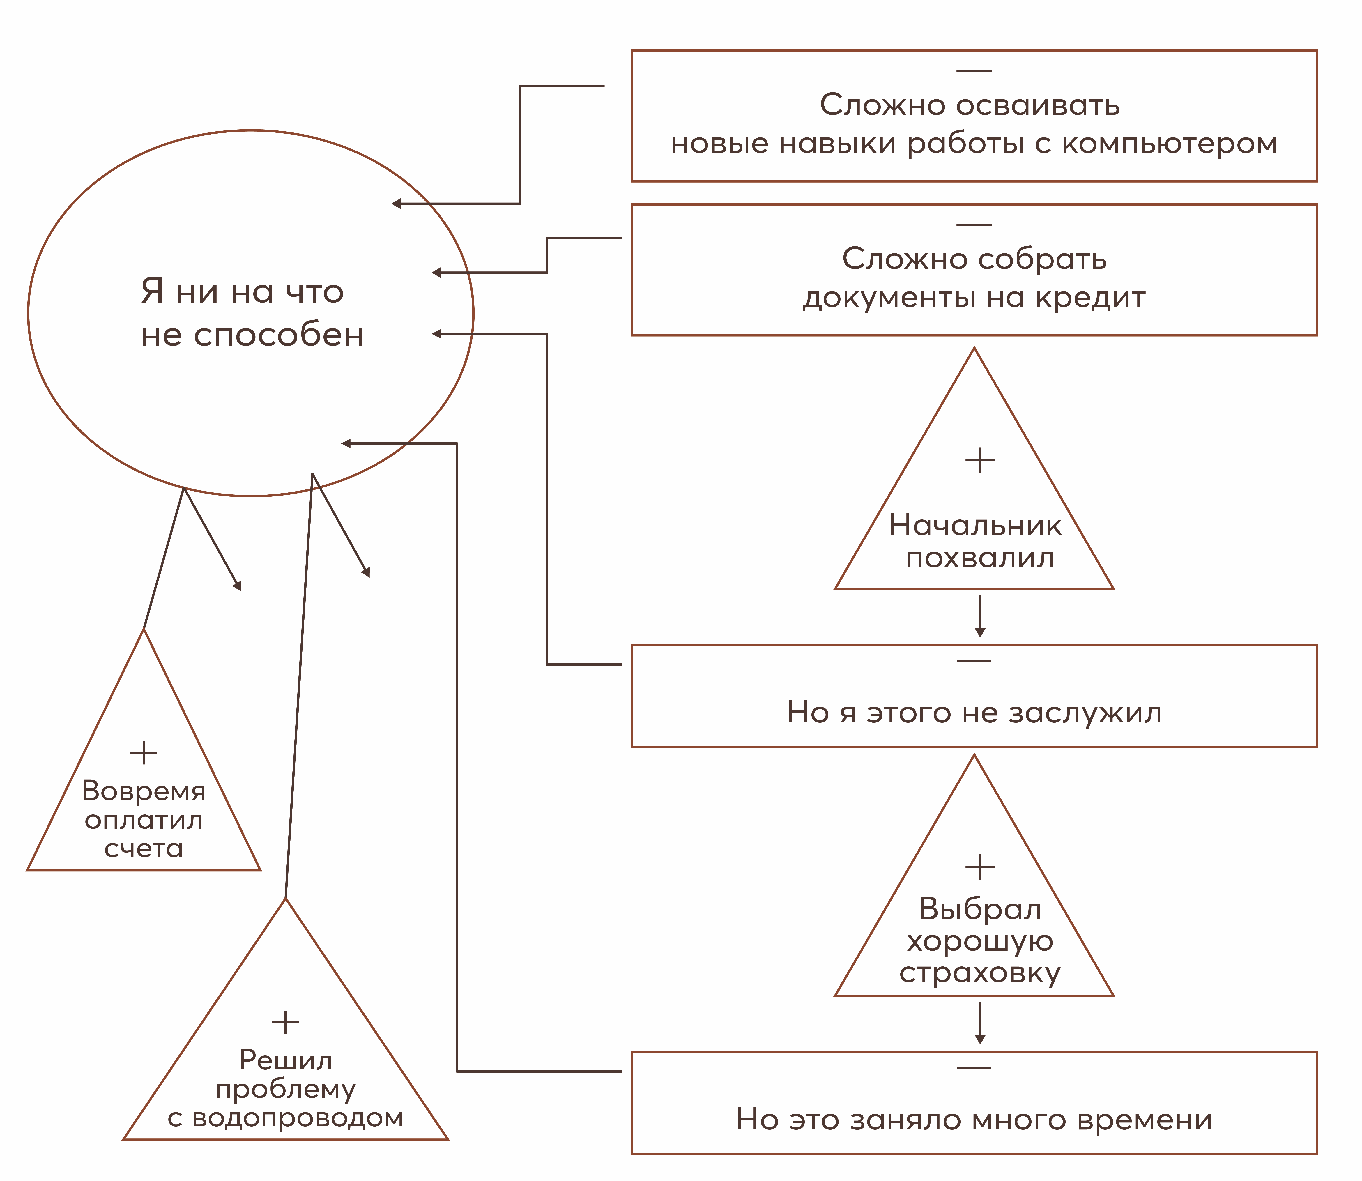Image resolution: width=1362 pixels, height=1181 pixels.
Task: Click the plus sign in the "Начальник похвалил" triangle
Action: point(980,460)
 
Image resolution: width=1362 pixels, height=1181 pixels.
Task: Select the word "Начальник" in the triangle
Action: point(975,525)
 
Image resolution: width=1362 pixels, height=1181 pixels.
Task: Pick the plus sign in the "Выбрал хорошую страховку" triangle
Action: point(980,867)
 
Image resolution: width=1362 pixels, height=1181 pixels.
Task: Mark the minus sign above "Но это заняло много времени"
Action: point(974,1068)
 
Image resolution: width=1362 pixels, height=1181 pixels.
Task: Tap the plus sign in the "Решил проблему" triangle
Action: point(285,1022)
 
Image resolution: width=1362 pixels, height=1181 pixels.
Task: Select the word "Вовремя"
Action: point(144,791)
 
